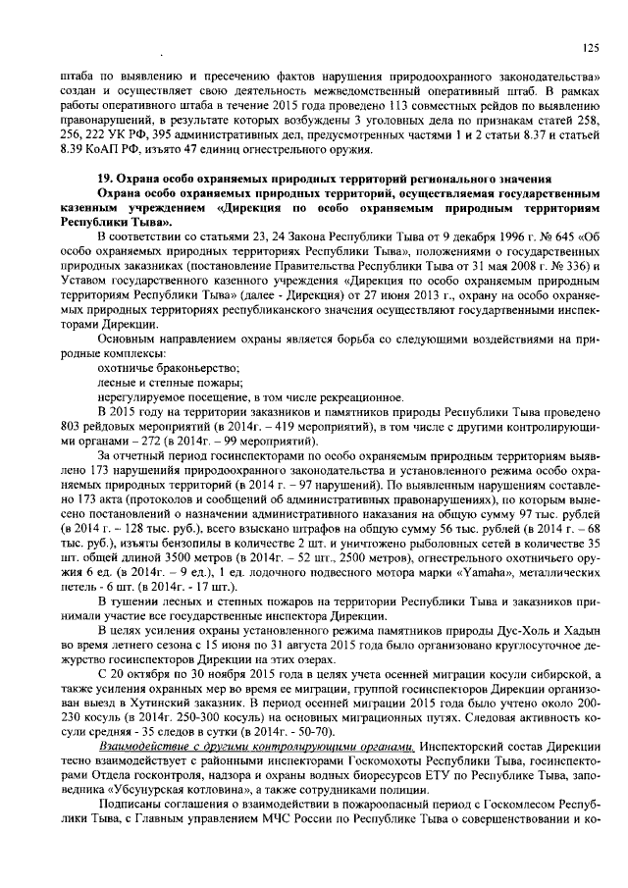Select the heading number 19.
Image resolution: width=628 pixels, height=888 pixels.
[104, 180]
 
